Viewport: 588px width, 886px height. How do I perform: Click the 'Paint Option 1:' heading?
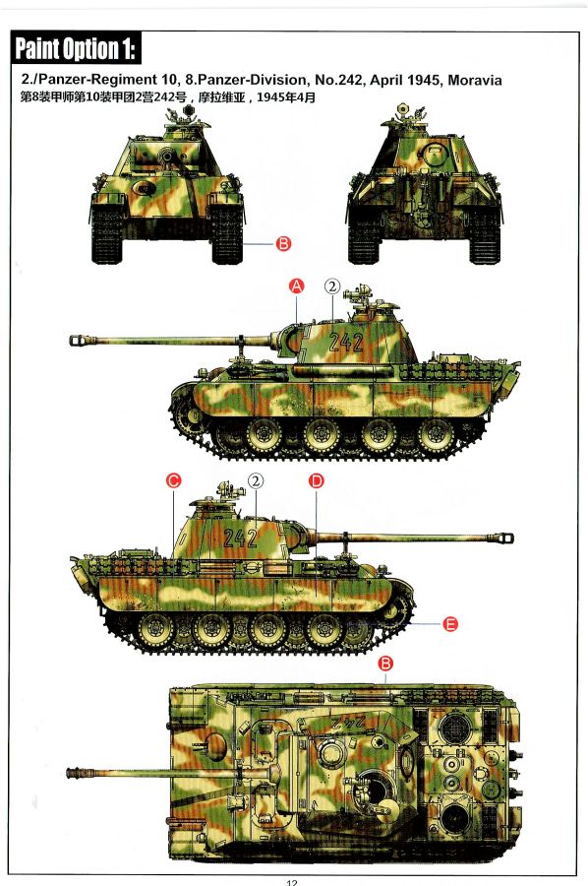tap(76, 48)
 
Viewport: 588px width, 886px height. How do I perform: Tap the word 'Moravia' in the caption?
tap(475, 81)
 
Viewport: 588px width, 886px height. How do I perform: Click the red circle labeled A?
tap(296, 285)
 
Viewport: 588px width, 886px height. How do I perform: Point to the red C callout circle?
tap(173, 480)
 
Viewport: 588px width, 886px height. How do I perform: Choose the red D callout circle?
tap(316, 480)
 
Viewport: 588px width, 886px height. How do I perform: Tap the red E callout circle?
tap(449, 624)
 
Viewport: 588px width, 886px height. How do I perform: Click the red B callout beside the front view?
tap(283, 244)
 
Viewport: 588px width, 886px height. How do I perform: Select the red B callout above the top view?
tap(385, 664)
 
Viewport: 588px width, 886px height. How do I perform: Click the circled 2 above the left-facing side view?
tap(332, 286)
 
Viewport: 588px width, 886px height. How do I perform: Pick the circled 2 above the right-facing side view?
tap(256, 480)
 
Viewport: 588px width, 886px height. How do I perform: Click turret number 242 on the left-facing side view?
tap(345, 342)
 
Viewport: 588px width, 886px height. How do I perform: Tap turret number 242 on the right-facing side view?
tap(240, 538)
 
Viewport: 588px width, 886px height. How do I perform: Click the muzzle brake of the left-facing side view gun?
tap(83, 341)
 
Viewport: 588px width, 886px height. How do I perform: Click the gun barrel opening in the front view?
tap(167, 155)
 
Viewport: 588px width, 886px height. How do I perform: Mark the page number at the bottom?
tap(291, 882)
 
